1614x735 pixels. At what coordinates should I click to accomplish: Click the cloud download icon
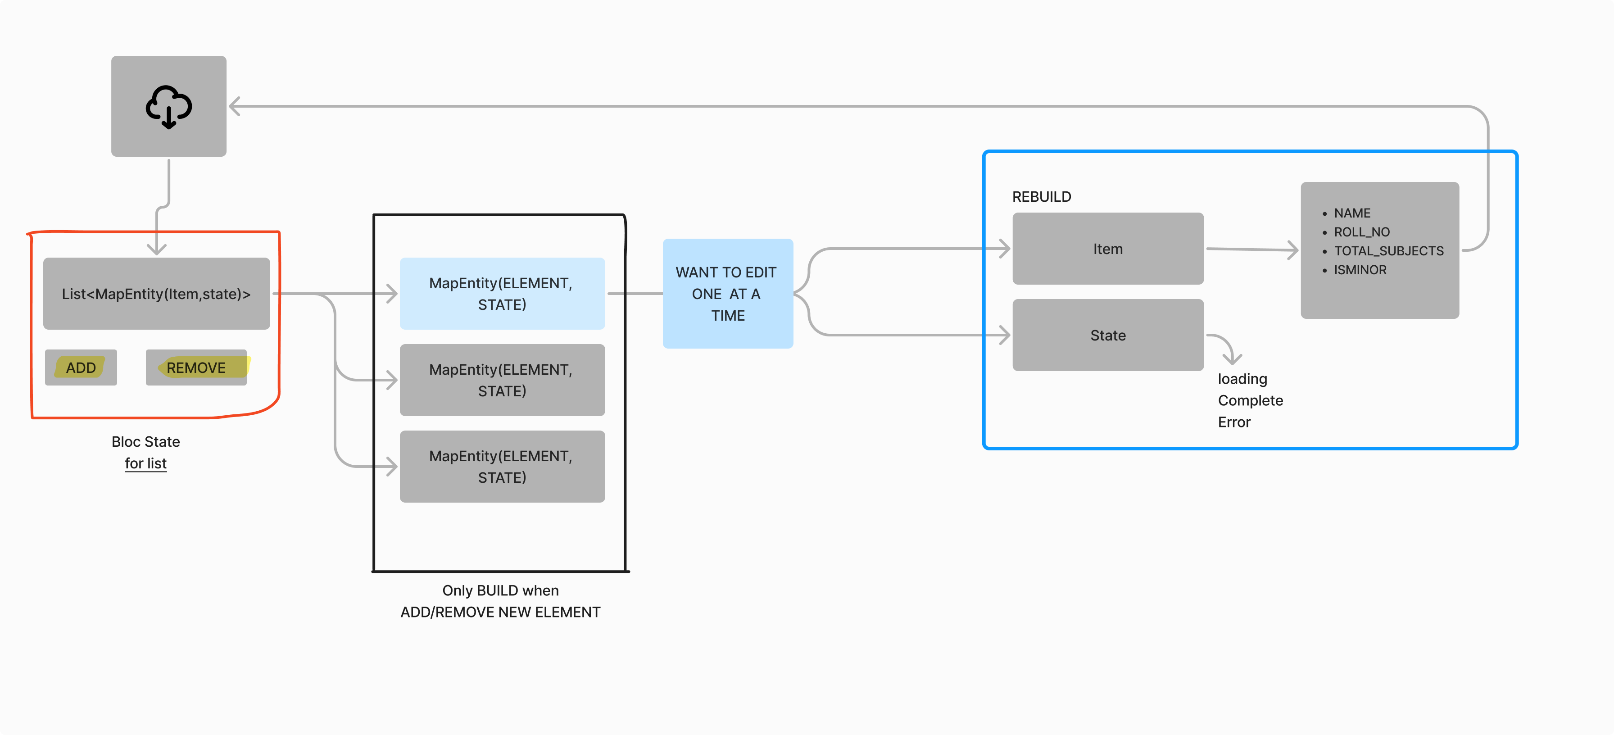tap(168, 107)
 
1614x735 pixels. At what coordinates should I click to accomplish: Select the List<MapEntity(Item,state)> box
tap(156, 294)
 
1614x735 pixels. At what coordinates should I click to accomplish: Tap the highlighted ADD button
tap(81, 368)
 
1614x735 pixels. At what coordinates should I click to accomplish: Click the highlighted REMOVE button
tap(196, 368)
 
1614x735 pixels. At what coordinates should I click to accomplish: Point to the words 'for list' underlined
tap(145, 464)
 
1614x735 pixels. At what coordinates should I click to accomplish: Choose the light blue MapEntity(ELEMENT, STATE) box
tap(502, 294)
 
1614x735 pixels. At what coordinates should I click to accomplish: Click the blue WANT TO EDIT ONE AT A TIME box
tap(727, 294)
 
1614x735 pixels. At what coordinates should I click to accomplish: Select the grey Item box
tap(1107, 249)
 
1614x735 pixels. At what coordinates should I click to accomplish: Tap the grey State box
tap(1107, 335)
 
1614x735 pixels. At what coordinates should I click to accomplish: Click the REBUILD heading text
tap(1041, 197)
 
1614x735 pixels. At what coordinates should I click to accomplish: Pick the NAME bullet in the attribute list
tap(1352, 213)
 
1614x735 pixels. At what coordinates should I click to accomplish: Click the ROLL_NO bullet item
tap(1361, 232)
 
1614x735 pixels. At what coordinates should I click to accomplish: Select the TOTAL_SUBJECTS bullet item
tap(1388, 251)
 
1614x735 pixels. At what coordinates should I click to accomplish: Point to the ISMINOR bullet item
tap(1360, 270)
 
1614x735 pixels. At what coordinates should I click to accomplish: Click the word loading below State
tap(1242, 379)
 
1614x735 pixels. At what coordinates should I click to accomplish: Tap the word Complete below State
tap(1250, 400)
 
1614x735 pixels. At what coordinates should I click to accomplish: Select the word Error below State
tap(1233, 422)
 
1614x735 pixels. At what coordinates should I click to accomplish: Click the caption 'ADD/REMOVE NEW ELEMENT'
tap(500, 612)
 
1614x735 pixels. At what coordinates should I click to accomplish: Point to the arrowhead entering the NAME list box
tap(1293, 250)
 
